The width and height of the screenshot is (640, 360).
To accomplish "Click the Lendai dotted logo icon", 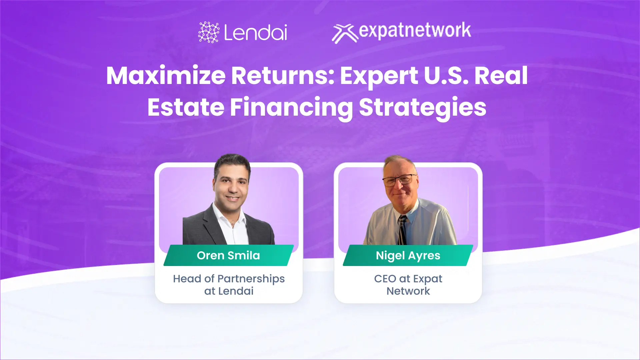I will click(209, 32).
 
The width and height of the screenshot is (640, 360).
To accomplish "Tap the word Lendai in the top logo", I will click(255, 32).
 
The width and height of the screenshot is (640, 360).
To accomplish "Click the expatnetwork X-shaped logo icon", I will click(344, 33).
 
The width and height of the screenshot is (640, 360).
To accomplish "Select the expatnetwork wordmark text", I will click(415, 31).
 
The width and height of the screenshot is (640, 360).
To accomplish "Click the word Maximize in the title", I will click(166, 76).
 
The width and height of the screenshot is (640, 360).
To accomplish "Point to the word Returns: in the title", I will click(283, 76).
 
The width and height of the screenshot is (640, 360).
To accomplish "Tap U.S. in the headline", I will click(446, 76).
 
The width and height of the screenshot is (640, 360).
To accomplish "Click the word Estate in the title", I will click(186, 107).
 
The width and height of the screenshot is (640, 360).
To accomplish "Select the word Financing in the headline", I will click(291, 107).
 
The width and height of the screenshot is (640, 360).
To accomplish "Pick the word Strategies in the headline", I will click(422, 107).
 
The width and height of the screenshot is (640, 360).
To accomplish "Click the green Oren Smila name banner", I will click(228, 255).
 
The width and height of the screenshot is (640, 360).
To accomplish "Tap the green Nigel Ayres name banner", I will click(408, 255).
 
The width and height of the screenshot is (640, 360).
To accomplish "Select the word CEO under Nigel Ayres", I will click(385, 279).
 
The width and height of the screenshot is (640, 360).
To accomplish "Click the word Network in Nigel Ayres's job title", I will click(408, 291).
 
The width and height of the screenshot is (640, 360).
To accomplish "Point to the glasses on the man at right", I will click(399, 180).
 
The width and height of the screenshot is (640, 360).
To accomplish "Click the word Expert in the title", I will click(379, 76).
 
